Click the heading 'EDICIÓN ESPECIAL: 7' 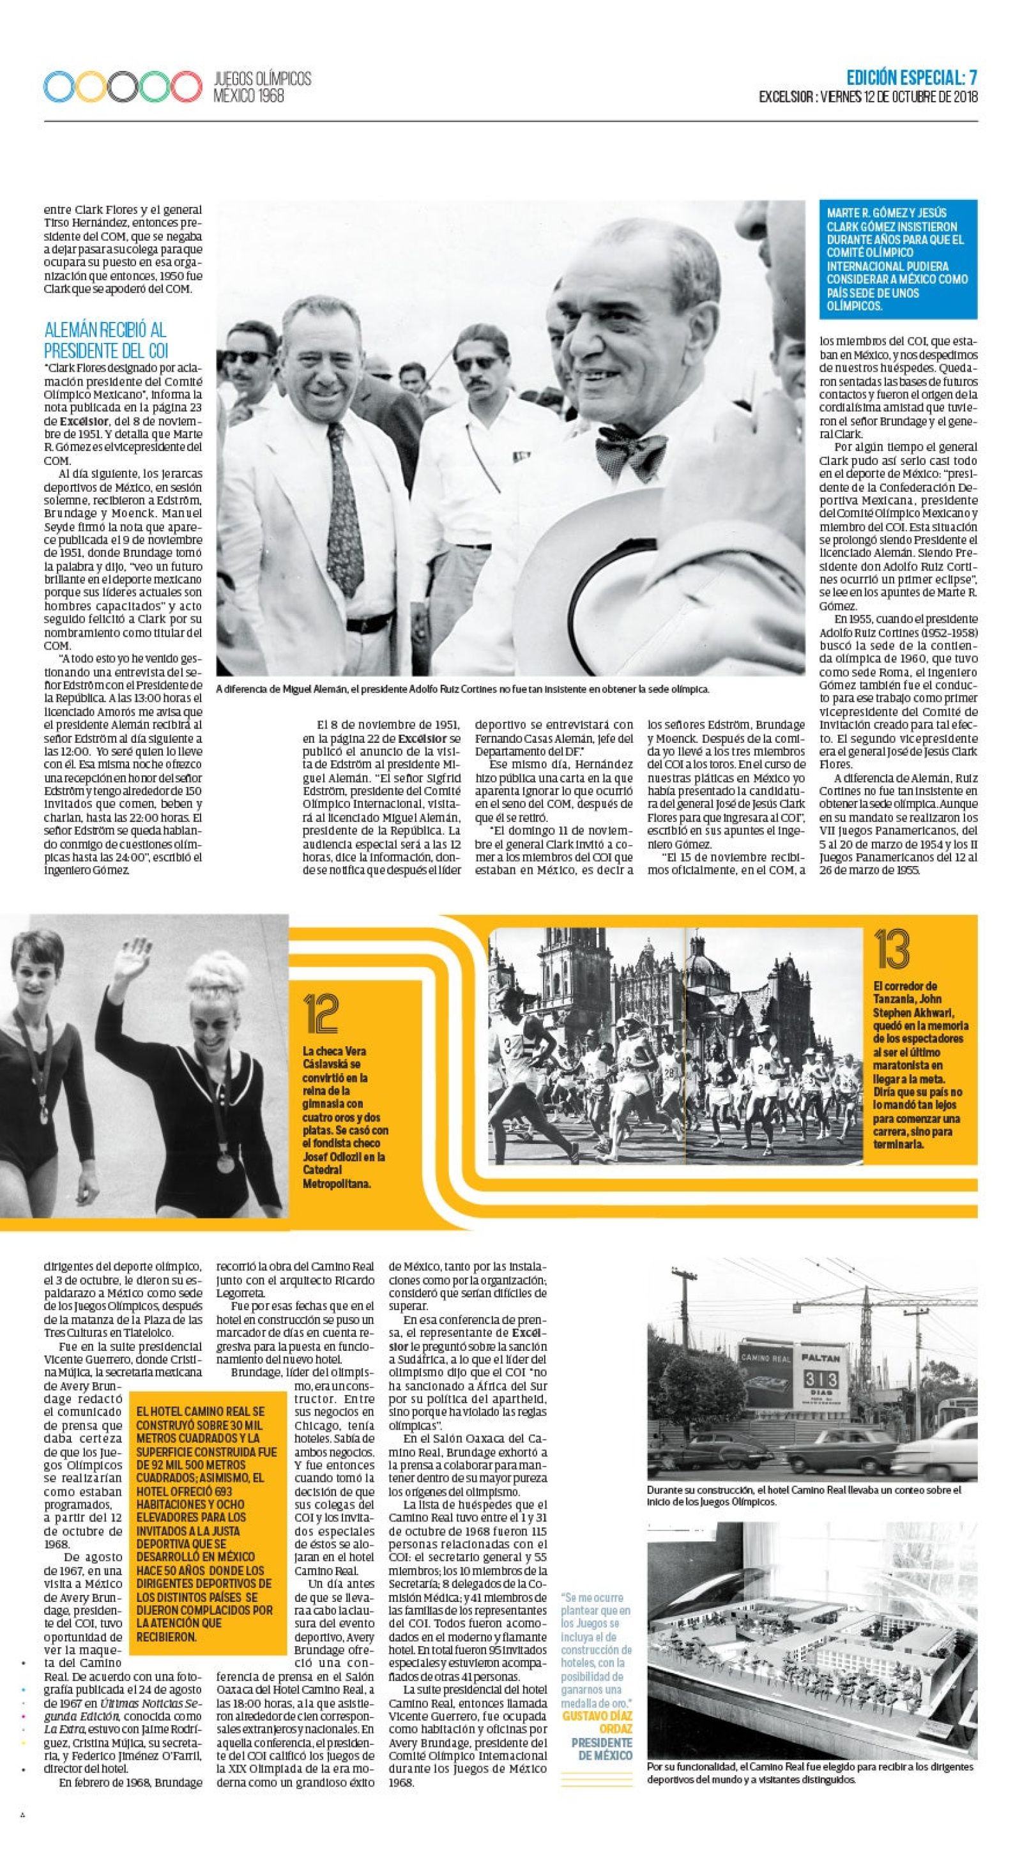pyautogui.click(x=912, y=77)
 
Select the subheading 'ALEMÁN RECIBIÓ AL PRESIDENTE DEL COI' pyautogui.click(x=105, y=340)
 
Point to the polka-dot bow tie pyautogui.click(x=631, y=453)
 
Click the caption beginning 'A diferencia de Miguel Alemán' pyautogui.click(x=462, y=689)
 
